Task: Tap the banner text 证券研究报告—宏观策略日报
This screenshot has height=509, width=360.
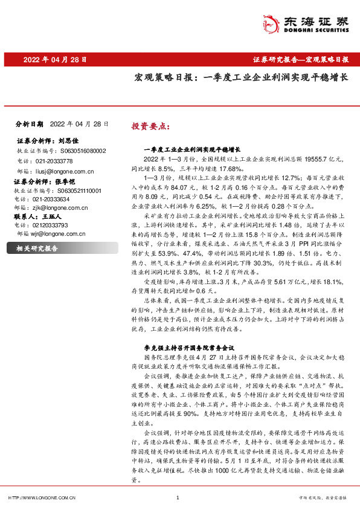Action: [x=300, y=60]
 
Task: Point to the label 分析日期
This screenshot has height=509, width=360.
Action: [x=28, y=123]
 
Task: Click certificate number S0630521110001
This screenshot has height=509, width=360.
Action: [x=77, y=190]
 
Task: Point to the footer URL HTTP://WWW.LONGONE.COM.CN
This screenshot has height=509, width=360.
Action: [x=41, y=498]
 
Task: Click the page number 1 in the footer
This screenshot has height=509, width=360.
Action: [x=177, y=498]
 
